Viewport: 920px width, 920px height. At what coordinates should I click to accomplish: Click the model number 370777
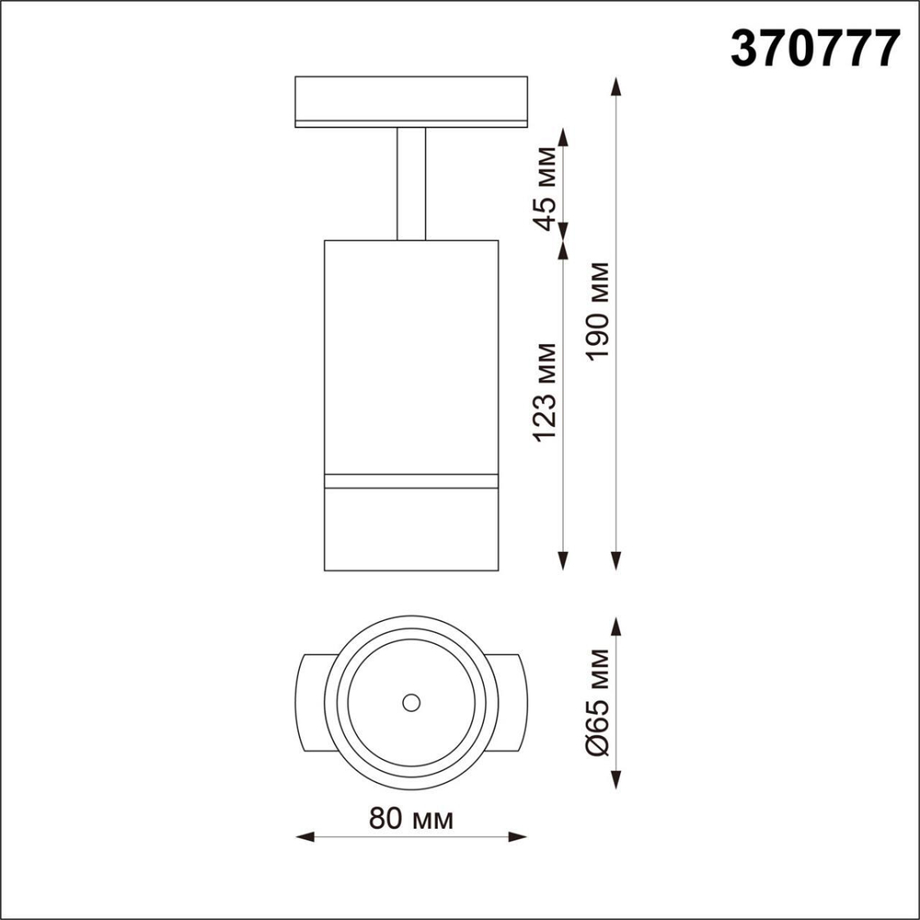pyautogui.click(x=813, y=47)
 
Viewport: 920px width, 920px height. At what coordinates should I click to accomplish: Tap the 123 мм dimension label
pyautogui.click(x=546, y=390)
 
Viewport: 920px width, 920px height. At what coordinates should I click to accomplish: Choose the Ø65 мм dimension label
pyautogui.click(x=599, y=703)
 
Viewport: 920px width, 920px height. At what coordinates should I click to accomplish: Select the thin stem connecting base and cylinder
pyautogui.click(x=411, y=184)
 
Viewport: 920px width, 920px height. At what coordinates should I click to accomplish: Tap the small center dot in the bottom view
pyautogui.click(x=411, y=703)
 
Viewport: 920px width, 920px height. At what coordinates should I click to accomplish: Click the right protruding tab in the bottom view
pyautogui.click(x=510, y=703)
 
